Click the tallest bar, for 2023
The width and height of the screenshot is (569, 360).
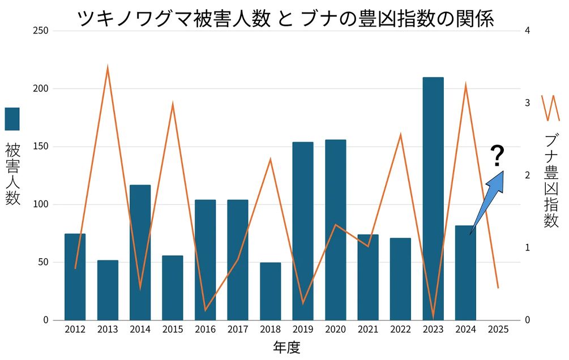click(433, 198)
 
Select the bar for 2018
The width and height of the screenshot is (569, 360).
click(270, 291)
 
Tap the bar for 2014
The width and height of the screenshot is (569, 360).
click(140, 252)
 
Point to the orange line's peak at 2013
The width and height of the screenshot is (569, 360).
click(108, 67)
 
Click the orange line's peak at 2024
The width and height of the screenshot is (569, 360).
click(465, 85)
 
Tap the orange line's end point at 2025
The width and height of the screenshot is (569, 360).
click(498, 288)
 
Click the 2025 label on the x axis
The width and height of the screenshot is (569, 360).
click(498, 330)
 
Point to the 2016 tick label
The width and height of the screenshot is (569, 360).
click(205, 330)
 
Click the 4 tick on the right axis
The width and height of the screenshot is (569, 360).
click(527, 31)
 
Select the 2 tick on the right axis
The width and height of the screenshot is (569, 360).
click(527, 175)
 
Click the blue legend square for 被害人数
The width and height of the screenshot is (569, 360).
click(12, 119)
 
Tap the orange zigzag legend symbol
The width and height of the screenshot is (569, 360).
click(550, 108)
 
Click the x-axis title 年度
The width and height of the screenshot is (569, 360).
click(286, 346)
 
